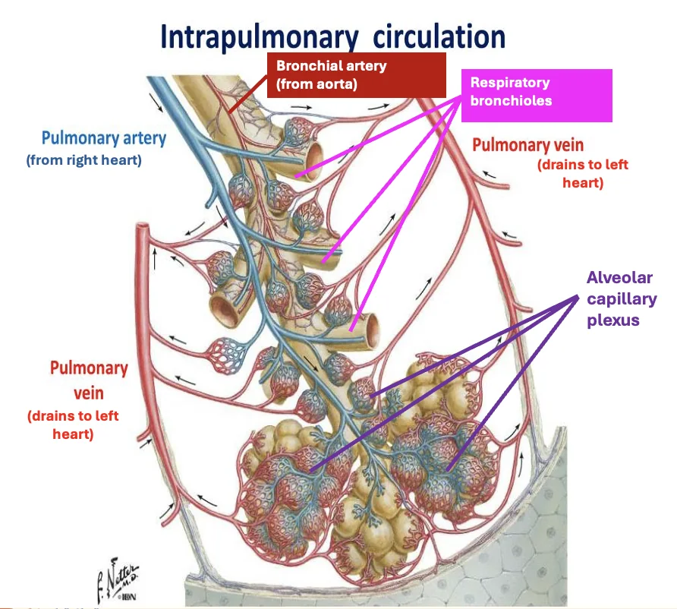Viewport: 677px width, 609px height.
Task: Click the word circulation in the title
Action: point(439,36)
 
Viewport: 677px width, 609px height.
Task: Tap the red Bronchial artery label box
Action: point(356,75)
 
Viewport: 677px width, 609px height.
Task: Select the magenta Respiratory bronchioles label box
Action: point(537,96)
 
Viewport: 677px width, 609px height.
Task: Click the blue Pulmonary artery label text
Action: point(104,138)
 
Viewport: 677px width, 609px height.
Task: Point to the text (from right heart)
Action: point(83,160)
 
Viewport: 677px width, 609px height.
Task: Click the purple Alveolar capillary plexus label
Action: point(622,299)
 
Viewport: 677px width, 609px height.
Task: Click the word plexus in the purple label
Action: point(613,320)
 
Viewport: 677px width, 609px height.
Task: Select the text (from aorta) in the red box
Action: point(316,84)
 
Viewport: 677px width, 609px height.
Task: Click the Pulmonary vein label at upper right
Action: point(527,145)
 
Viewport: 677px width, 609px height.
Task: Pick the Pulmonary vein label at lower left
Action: point(89,380)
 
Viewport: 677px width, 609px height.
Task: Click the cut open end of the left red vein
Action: point(143,226)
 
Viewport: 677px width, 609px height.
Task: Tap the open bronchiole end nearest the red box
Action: point(315,159)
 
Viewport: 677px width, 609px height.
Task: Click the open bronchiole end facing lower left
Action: point(223,309)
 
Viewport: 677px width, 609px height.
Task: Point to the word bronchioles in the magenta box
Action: point(512,101)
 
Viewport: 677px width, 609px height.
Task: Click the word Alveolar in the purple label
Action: point(619,278)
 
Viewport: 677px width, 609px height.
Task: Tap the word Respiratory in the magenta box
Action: point(510,83)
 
